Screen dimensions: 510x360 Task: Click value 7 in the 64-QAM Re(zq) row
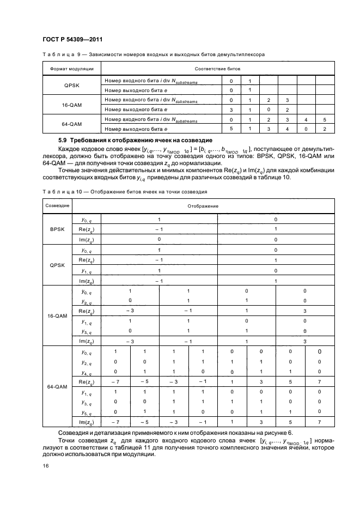320,381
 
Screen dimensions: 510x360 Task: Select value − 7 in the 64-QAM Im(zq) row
115,422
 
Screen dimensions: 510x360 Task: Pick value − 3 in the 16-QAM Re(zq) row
130,311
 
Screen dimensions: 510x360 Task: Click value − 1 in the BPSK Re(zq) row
159,229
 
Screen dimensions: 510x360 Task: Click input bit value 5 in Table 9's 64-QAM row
324,119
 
